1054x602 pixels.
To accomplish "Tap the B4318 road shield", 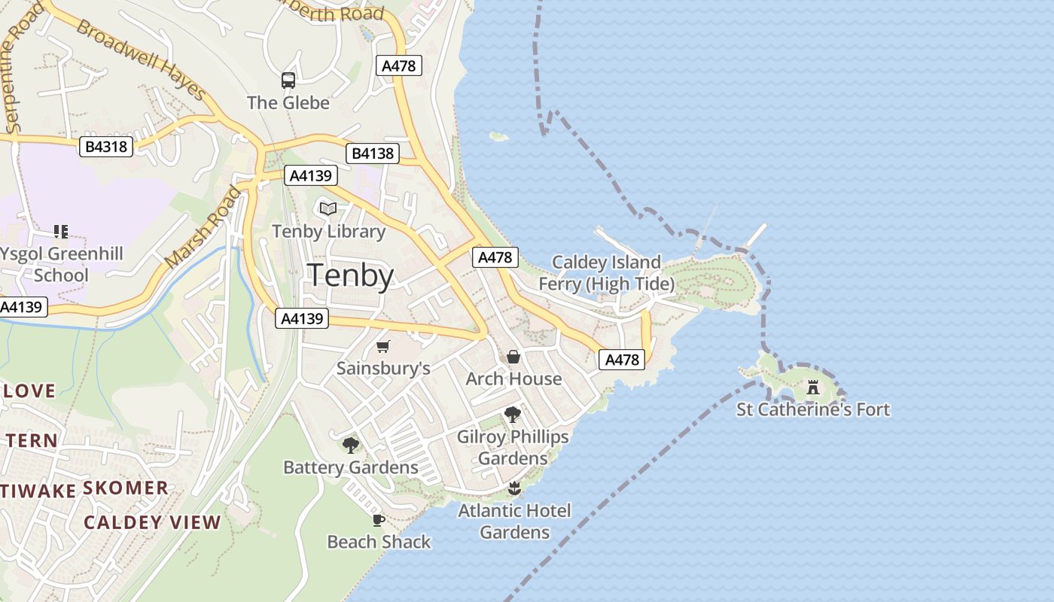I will pos(106,146).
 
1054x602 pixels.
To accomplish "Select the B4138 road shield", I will pos(372,154).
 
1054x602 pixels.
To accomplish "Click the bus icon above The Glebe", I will pos(288,81).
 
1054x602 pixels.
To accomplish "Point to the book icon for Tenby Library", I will pos(328,208).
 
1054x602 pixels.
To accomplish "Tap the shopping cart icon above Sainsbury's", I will pos(383,346).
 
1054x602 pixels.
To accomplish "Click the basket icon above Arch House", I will pos(513,356).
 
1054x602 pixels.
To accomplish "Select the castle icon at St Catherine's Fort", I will pos(813,388).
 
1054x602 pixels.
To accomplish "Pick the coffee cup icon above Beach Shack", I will pos(379,520).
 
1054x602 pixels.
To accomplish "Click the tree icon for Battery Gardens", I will pos(350,445).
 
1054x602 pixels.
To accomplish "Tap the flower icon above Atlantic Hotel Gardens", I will pos(514,488).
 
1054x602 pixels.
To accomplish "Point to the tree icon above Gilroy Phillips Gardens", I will pos(513,414).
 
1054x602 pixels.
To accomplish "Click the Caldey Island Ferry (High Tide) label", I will pos(607,273).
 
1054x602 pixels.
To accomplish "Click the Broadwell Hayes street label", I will pos(141,60).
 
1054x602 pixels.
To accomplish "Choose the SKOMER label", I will pos(126,488).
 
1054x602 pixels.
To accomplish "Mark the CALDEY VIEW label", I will pos(152,522).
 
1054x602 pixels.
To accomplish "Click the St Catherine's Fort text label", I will pos(813,409).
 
